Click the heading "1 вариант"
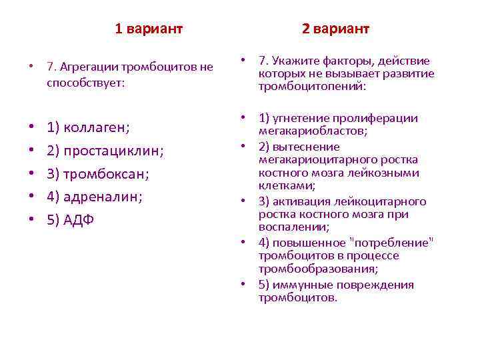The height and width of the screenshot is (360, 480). pyautogui.click(x=149, y=29)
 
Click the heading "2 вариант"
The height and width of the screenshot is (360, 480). pyautogui.click(x=335, y=29)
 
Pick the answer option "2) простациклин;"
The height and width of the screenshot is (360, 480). pyautogui.click(x=105, y=151)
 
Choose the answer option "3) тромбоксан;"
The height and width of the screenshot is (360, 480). pyautogui.click(x=98, y=174)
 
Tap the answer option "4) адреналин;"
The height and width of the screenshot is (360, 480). pyautogui.click(x=95, y=197)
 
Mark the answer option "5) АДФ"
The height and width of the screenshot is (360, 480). pyautogui.click(x=70, y=220)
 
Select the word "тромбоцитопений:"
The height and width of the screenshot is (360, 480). pyautogui.click(x=313, y=86)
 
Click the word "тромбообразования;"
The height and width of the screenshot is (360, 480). pyautogui.click(x=318, y=269)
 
